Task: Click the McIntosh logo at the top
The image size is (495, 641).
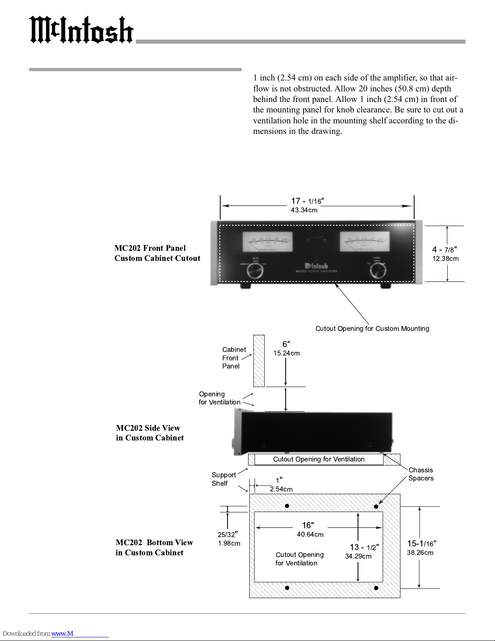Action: click(81, 30)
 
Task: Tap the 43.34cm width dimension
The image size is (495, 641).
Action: click(304, 210)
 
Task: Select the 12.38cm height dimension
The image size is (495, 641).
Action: click(445, 259)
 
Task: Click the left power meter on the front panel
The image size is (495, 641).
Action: click(267, 241)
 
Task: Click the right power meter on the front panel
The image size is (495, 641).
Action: click(364, 241)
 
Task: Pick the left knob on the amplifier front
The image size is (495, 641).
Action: click(255, 271)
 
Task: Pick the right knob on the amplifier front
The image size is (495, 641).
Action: click(377, 271)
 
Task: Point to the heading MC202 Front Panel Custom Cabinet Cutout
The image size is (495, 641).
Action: click(157, 253)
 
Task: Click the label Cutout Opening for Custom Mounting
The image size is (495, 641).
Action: click(372, 329)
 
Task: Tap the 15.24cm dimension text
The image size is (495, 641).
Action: click(286, 353)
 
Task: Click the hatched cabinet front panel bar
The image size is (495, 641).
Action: click(259, 361)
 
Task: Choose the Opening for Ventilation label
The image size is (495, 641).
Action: click(219, 398)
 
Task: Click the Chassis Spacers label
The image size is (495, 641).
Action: click(421, 474)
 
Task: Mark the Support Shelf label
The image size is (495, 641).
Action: click(223, 479)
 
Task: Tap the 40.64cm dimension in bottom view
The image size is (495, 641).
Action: click(310, 535)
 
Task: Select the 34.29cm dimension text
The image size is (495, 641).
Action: click(358, 556)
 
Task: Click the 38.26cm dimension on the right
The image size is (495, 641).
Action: click(420, 553)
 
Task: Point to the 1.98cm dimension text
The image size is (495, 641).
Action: click(229, 544)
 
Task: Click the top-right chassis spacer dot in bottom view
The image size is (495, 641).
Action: click(376, 506)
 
